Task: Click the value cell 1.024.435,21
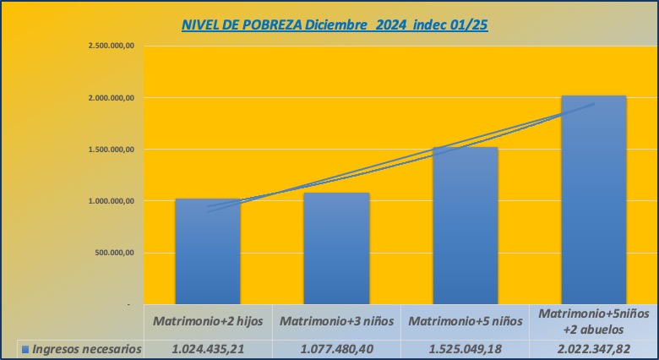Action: tap(208, 348)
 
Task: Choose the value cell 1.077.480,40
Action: tap(336, 348)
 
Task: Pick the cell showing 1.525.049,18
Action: tap(465, 348)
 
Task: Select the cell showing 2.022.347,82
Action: tap(594, 348)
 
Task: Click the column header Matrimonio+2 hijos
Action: tap(208, 322)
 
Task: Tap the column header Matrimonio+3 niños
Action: tap(336, 322)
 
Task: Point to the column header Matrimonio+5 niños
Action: tap(465, 322)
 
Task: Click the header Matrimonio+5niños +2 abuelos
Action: tap(594, 321)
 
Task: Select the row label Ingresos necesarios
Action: tap(86, 348)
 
